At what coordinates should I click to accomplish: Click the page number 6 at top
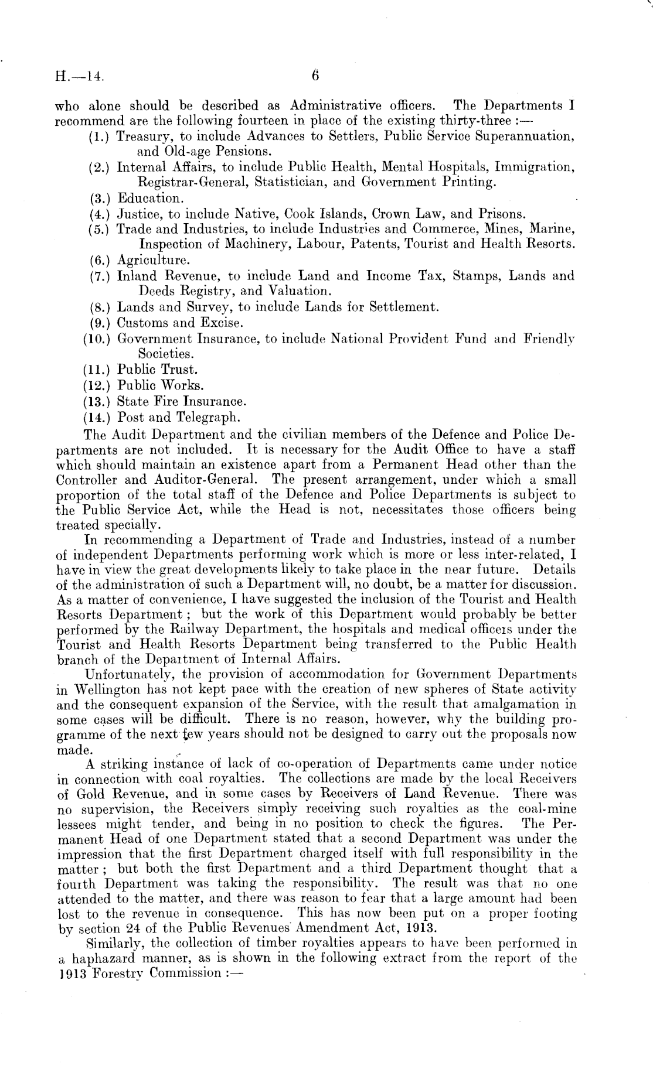[x=315, y=75]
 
